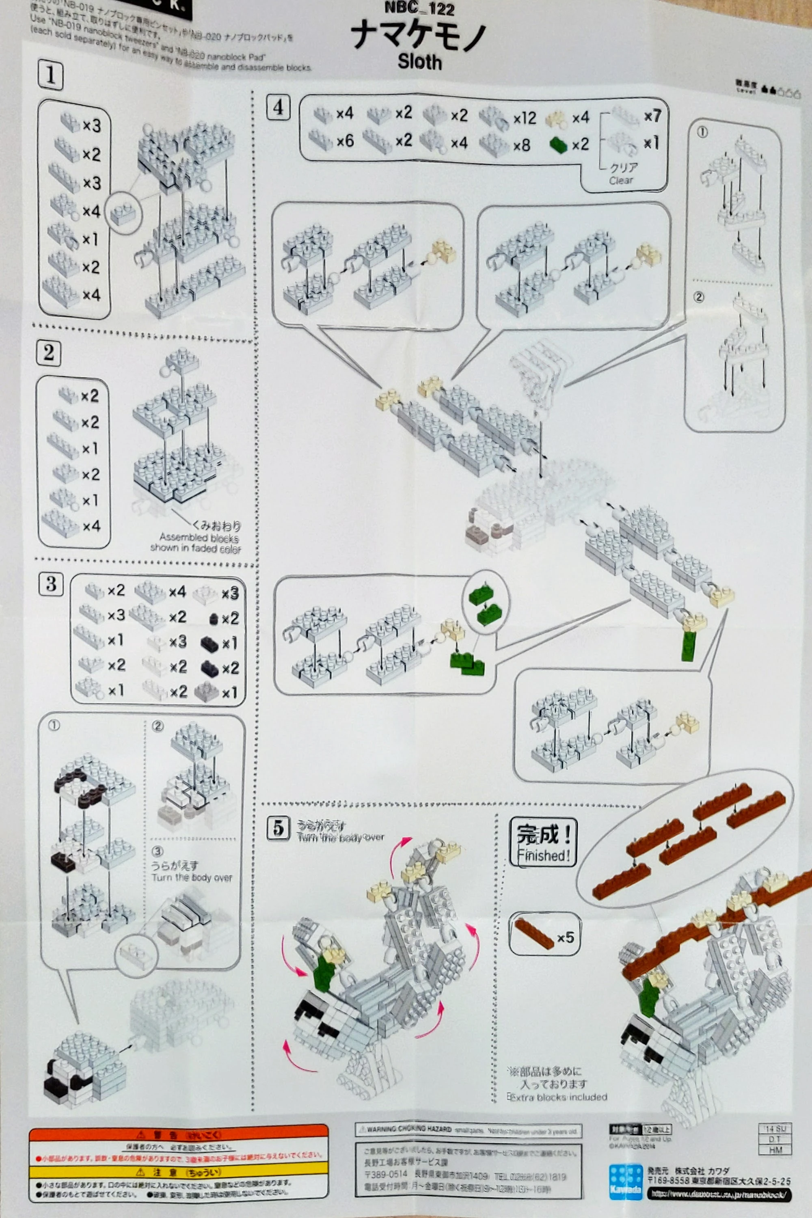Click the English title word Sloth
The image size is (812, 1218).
419,62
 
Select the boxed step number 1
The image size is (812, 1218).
50,76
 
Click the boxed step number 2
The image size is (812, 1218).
49,353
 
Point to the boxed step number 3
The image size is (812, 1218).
51,584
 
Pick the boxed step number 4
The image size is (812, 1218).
278,108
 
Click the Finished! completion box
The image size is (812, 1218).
543,842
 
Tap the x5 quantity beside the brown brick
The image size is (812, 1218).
565,937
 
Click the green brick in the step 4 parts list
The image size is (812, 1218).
558,145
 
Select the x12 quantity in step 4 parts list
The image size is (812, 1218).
525,118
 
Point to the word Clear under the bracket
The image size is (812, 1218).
621,181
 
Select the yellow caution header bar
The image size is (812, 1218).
179,1171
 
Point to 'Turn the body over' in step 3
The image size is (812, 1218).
192,877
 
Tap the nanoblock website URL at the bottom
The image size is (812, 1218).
719,1194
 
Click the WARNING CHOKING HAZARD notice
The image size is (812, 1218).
468,1129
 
